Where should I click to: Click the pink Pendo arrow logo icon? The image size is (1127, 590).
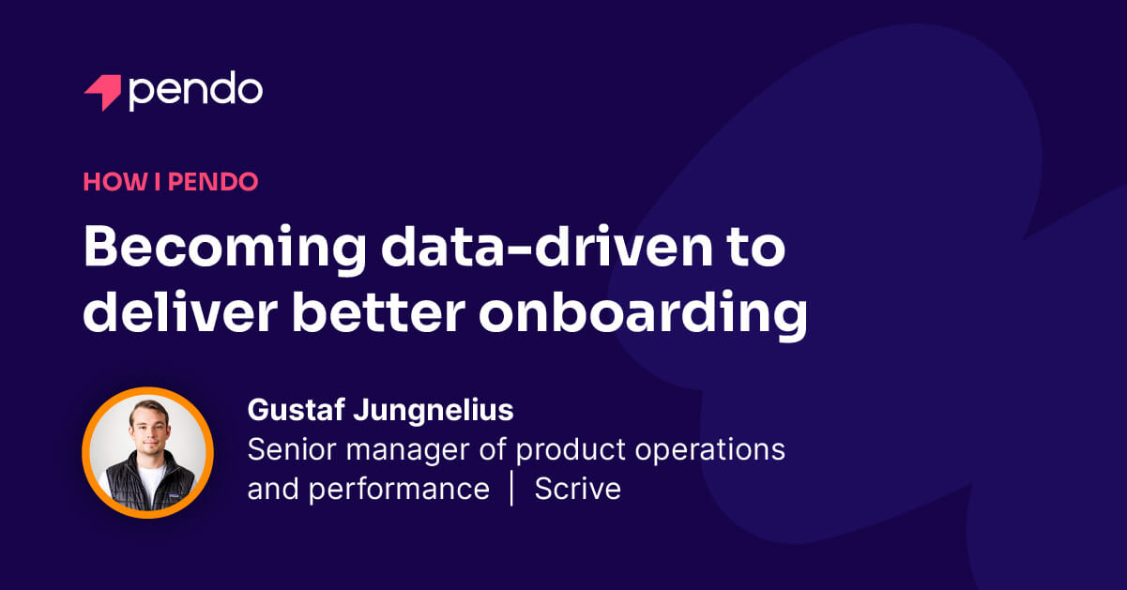point(102,92)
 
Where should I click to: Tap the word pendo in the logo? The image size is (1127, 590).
point(195,90)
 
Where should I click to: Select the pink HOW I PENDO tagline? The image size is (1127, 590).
point(170,181)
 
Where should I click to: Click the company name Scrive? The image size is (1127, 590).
point(577,489)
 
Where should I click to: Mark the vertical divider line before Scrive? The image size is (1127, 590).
point(511,489)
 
